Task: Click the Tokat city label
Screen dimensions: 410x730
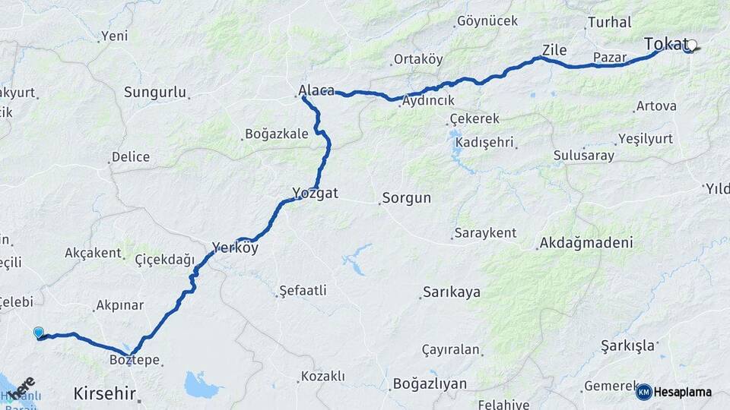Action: tap(665, 45)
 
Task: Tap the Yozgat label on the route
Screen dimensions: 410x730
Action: tap(315, 193)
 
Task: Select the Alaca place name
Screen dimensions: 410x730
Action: tap(316, 91)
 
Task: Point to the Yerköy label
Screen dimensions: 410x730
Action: tap(235, 248)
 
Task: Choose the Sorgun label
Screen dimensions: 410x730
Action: tap(406, 198)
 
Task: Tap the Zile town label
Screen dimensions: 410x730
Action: tap(554, 50)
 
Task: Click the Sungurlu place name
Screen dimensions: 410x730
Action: tap(155, 93)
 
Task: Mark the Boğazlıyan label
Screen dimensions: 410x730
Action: tap(430, 384)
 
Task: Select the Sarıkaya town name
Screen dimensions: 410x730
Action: tap(451, 292)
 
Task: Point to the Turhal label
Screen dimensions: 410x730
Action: tap(610, 23)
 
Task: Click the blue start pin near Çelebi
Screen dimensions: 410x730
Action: tap(39, 333)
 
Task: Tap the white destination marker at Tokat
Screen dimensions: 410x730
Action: tap(691, 46)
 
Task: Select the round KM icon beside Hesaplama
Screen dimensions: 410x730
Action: tap(643, 392)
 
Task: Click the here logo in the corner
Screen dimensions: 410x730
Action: tap(21, 387)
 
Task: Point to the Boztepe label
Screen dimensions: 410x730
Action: tap(135, 360)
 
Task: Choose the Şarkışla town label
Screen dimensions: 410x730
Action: tap(627, 346)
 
